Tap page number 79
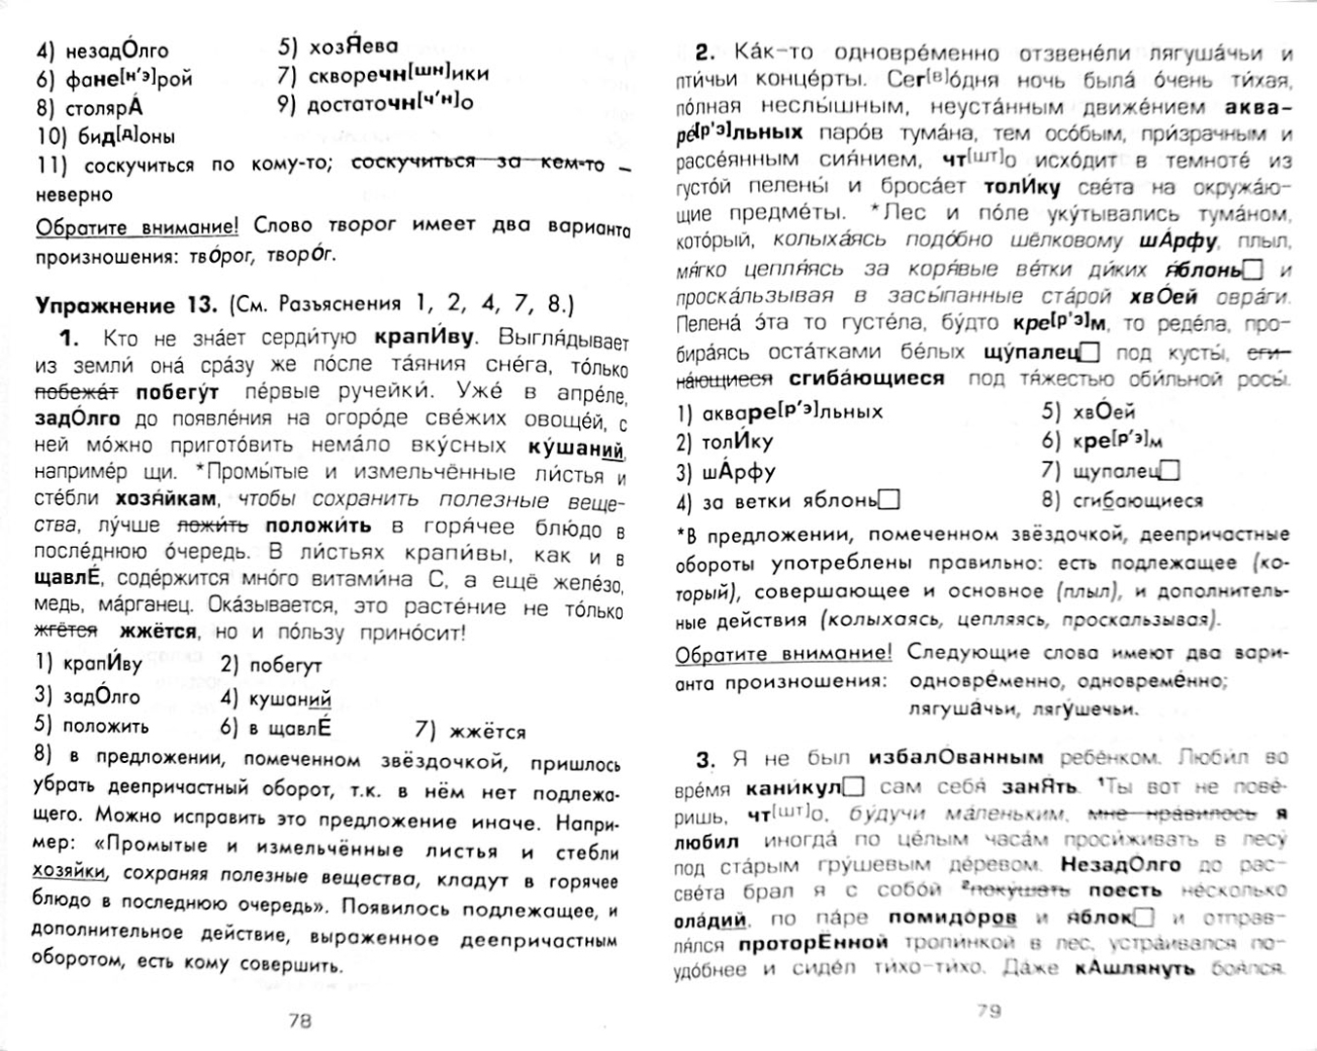988,1010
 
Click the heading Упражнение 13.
126,305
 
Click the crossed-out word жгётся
66,631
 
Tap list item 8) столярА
90,107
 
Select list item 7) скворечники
382,74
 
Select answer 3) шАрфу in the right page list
726,472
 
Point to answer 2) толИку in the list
725,442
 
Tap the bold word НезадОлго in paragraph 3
1119,864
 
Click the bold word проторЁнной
814,942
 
